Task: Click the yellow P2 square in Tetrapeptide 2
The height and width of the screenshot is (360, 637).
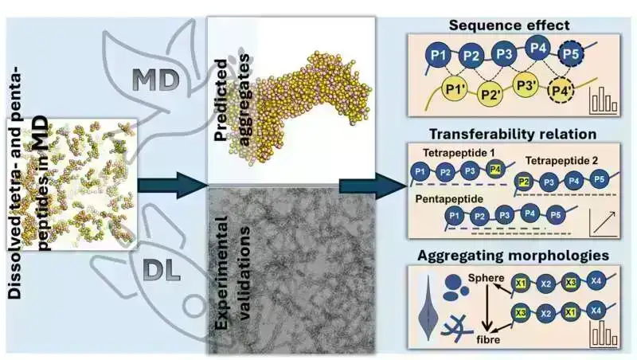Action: [523, 181]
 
